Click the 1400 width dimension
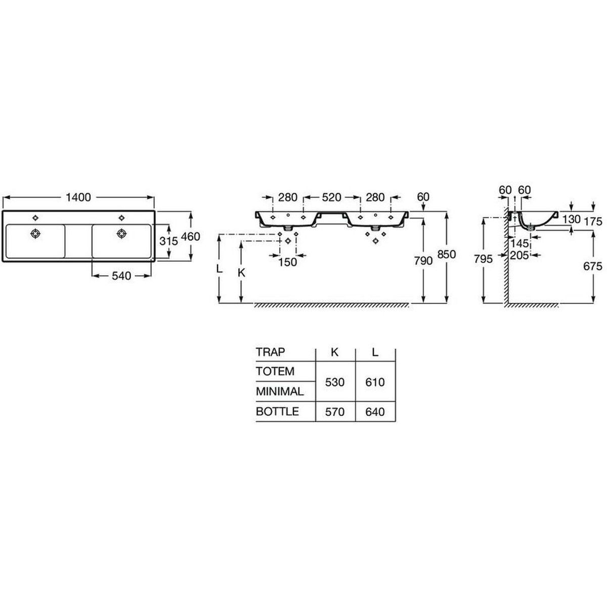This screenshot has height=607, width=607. pyautogui.click(x=78, y=197)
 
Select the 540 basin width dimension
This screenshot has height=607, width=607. pyautogui.click(x=121, y=276)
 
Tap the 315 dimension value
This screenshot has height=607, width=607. pyautogui.click(x=169, y=241)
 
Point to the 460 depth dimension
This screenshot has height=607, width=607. pyautogui.click(x=191, y=237)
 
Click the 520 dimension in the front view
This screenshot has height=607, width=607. pyautogui.click(x=332, y=197)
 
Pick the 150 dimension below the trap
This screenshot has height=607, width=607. pyautogui.click(x=288, y=262)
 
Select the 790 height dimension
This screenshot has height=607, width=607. pyautogui.click(x=423, y=261)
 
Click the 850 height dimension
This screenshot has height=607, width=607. pyautogui.click(x=446, y=254)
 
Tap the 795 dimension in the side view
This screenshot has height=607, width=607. pyautogui.click(x=483, y=259)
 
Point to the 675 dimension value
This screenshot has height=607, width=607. pyautogui.click(x=593, y=266)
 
